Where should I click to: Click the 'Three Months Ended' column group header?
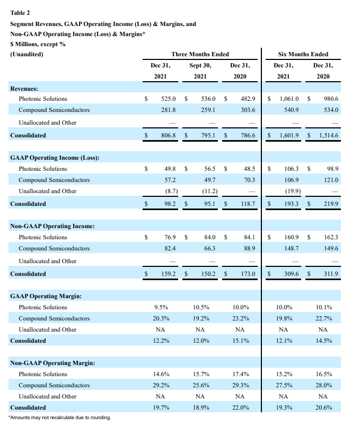tap(200, 54)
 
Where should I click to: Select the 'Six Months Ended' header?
tap(303, 54)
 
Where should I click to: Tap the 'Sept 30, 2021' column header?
tap(200, 71)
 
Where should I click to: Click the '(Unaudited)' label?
tap(27, 54)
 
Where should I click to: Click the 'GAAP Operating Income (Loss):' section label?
tap(55, 158)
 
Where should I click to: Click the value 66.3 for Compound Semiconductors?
tap(208, 248)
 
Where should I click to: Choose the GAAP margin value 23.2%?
tap(240, 318)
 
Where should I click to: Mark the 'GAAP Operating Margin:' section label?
tap(46, 296)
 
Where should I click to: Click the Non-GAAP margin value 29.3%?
tap(240, 385)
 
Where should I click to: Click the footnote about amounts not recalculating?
tap(60, 418)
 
